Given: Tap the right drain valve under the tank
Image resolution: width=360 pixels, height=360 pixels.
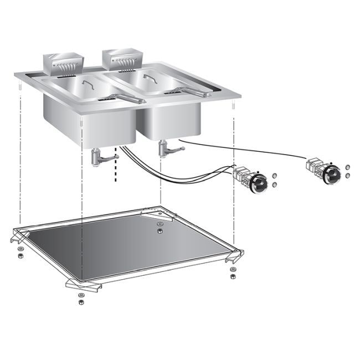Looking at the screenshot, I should pyautogui.click(x=167, y=149).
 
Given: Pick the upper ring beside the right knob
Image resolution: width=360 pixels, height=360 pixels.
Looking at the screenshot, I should pyautogui.click(x=347, y=167).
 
